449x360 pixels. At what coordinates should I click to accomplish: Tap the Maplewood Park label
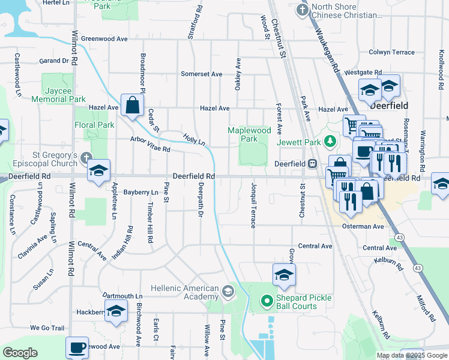tap(249, 134)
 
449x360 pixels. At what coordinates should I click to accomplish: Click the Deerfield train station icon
tap(312, 163)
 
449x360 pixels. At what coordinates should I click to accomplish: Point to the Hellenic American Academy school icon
tap(228, 292)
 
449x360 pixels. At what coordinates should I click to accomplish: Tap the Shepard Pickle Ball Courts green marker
tap(266, 299)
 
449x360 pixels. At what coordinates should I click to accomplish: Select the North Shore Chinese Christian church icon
tap(302, 10)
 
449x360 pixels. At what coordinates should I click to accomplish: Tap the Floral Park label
tap(94, 125)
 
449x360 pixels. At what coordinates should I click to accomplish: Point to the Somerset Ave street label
tap(202, 74)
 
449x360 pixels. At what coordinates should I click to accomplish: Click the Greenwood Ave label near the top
tap(104, 38)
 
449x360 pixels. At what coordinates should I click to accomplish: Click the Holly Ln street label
tap(194, 140)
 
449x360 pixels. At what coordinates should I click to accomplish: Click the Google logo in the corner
tap(20, 353)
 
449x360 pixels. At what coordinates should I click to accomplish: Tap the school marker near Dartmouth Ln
tap(116, 311)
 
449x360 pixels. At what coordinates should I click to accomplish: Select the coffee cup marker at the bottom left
tap(77, 347)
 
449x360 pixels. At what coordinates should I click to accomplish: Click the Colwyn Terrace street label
tap(392, 52)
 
